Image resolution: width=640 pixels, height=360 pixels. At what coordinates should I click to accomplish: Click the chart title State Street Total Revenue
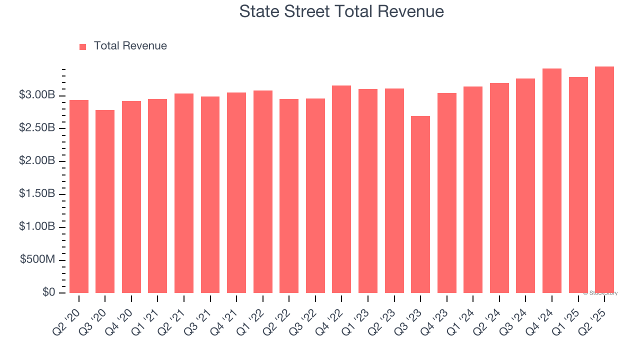pyautogui.click(x=341, y=11)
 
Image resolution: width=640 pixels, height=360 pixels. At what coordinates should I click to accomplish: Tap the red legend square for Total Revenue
pyautogui.click(x=83, y=46)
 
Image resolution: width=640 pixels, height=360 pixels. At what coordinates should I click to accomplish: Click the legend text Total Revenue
pyautogui.click(x=130, y=46)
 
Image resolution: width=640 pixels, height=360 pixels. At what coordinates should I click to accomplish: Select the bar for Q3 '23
pyautogui.click(x=420, y=205)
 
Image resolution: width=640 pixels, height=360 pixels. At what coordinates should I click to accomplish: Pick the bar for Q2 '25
pyautogui.click(x=604, y=180)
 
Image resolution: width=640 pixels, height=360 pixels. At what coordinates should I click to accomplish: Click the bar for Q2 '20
pyautogui.click(x=79, y=196)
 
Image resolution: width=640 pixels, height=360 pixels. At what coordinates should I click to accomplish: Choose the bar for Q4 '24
pyautogui.click(x=552, y=181)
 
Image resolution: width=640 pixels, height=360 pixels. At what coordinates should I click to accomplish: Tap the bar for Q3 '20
pyautogui.click(x=105, y=201)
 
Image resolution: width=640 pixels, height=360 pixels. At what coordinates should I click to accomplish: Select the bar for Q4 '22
pyautogui.click(x=341, y=189)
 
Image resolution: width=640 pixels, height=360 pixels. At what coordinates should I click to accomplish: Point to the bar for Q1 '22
pyautogui.click(x=263, y=192)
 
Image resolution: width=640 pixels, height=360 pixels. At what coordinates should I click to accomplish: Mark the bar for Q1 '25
pyautogui.click(x=578, y=185)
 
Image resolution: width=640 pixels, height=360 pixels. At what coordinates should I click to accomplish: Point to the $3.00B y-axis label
pyautogui.click(x=36, y=95)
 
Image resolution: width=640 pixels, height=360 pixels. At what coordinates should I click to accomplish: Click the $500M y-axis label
pyautogui.click(x=37, y=260)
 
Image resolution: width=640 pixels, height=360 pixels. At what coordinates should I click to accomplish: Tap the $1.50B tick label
pyautogui.click(x=36, y=194)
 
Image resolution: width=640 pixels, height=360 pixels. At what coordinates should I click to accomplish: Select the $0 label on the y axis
pyautogui.click(x=48, y=292)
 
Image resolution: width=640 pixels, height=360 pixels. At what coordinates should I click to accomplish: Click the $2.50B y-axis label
pyautogui.click(x=36, y=128)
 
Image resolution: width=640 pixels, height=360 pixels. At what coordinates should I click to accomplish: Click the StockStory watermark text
pyautogui.click(x=601, y=293)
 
